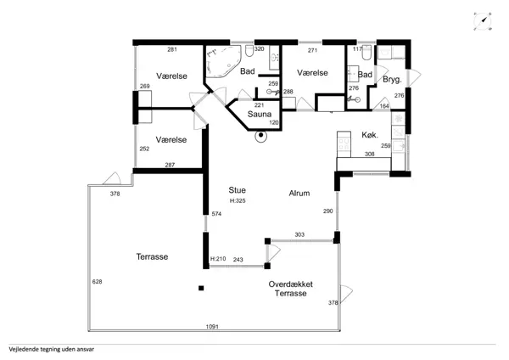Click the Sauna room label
(260, 114)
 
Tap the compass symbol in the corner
(483, 21)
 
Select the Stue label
(237, 190)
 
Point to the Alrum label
(299, 194)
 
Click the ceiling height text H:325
(238, 200)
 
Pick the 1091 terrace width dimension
(212, 327)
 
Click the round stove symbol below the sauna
(260, 136)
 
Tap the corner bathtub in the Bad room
(223, 61)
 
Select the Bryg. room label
(392, 80)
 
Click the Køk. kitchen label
(370, 135)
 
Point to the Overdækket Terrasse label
(290, 289)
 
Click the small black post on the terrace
(201, 288)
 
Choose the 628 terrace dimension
(97, 282)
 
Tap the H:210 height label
(218, 259)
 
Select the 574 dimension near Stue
(216, 214)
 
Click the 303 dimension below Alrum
(299, 234)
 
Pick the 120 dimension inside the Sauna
(274, 123)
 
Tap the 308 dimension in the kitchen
(370, 154)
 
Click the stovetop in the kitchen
(344, 145)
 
